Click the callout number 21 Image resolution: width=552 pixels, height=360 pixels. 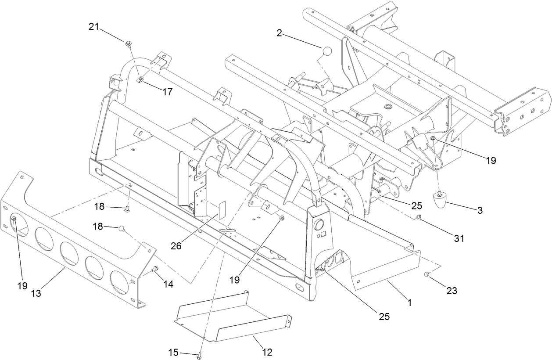94,27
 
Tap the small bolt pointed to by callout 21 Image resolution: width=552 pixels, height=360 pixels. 128,43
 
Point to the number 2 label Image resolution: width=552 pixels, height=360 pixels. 279,32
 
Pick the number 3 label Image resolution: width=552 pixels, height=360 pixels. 480,210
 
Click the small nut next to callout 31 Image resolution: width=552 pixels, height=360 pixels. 419,217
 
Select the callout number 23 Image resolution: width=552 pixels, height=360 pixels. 452,291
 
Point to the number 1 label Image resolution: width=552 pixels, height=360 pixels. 409,302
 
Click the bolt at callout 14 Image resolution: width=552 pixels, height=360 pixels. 154,269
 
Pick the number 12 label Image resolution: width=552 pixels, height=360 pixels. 267,352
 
